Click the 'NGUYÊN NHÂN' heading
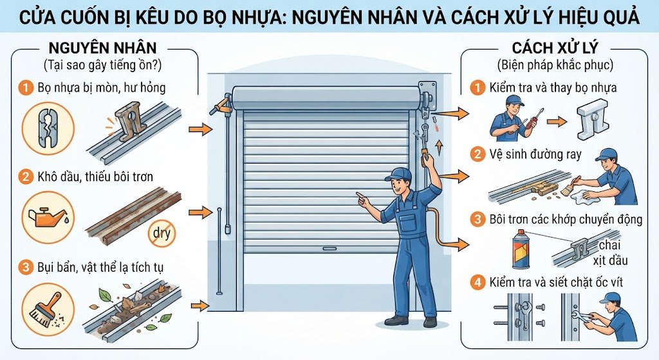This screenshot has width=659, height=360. (102, 48)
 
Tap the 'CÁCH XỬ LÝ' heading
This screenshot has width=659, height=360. (555, 48)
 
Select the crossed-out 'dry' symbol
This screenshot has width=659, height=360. (162, 232)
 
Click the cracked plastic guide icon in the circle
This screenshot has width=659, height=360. (48, 128)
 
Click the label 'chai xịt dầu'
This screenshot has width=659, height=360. (610, 252)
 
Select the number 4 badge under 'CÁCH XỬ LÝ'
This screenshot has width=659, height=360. (478, 282)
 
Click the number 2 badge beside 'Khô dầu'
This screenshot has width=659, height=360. (26, 176)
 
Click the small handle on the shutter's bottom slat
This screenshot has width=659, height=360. (329, 249)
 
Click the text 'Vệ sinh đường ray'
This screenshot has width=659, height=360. (535, 155)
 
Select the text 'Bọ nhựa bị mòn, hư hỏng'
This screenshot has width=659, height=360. (101, 88)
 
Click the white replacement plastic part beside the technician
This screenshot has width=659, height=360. (592, 119)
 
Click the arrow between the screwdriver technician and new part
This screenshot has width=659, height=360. (557, 122)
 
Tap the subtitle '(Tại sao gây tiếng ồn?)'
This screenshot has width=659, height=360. (102, 65)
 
